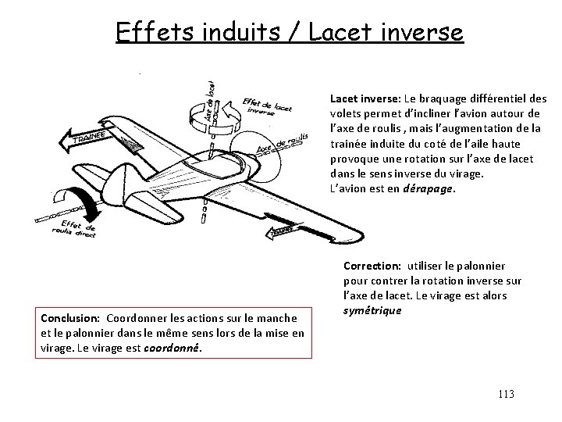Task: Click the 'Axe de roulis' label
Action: coord(283,145)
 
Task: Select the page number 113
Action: coord(505,394)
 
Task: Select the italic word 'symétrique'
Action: coord(371,310)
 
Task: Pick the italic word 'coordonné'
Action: coord(173,348)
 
